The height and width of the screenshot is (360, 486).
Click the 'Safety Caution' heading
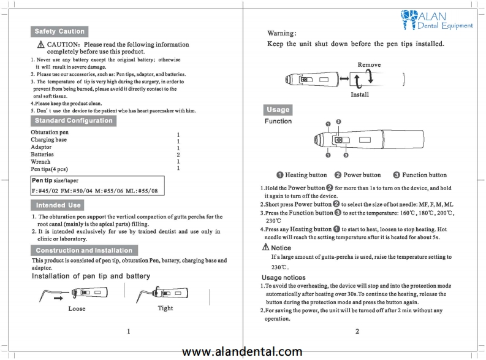(59, 31)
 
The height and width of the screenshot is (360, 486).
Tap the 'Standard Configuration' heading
(73, 120)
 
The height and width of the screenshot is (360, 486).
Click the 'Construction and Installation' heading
(83, 250)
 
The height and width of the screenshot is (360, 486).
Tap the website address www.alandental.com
(242, 351)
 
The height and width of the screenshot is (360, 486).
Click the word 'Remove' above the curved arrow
(368, 65)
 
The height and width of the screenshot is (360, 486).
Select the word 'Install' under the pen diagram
(359, 95)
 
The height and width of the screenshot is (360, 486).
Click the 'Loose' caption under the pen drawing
(77, 309)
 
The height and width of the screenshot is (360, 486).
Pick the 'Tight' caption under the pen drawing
(165, 308)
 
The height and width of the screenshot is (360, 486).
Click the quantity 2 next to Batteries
(178, 155)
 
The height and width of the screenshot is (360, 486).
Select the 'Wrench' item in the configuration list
(40, 161)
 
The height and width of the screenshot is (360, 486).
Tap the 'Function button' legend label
(424, 175)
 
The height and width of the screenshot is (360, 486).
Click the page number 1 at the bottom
(129, 331)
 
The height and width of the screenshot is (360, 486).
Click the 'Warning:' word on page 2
(283, 32)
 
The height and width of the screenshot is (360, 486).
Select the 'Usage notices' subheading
(284, 278)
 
